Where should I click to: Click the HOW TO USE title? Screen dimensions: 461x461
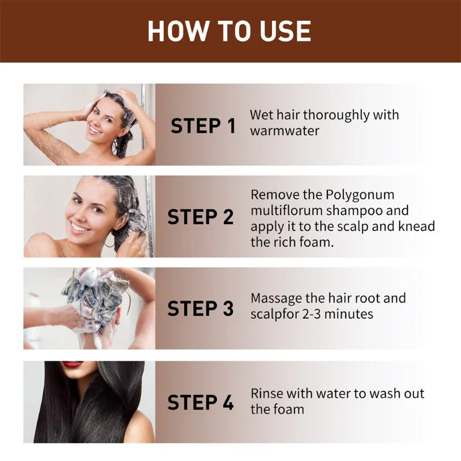point(229,31)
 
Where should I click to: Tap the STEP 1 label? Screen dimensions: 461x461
point(203,126)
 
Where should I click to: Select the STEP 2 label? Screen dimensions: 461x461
point(201,217)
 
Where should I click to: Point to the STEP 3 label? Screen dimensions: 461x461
point(201,308)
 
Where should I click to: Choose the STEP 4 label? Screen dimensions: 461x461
point(201,402)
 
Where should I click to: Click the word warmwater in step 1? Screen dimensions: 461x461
point(285,131)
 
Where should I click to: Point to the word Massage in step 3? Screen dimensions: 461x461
point(277,298)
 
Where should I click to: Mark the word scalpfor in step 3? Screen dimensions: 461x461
point(275,314)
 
